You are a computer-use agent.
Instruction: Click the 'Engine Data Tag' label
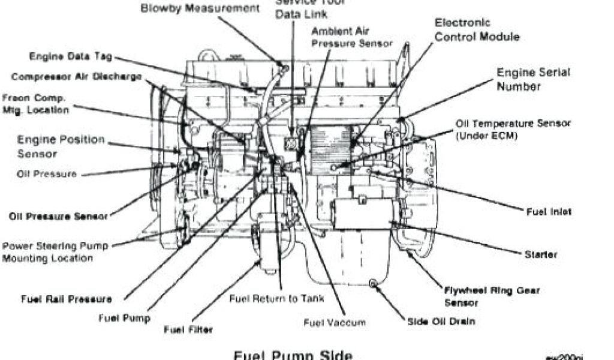point(71,57)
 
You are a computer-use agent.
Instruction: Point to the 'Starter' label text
point(541,254)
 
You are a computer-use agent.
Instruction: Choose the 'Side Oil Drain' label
point(441,321)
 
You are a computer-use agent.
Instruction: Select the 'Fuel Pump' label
point(125,318)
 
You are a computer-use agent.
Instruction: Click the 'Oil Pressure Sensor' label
point(58,216)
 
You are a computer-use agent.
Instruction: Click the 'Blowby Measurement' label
point(200,9)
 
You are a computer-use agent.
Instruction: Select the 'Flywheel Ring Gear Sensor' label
point(492,295)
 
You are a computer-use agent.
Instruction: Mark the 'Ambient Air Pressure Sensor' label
point(352,37)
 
